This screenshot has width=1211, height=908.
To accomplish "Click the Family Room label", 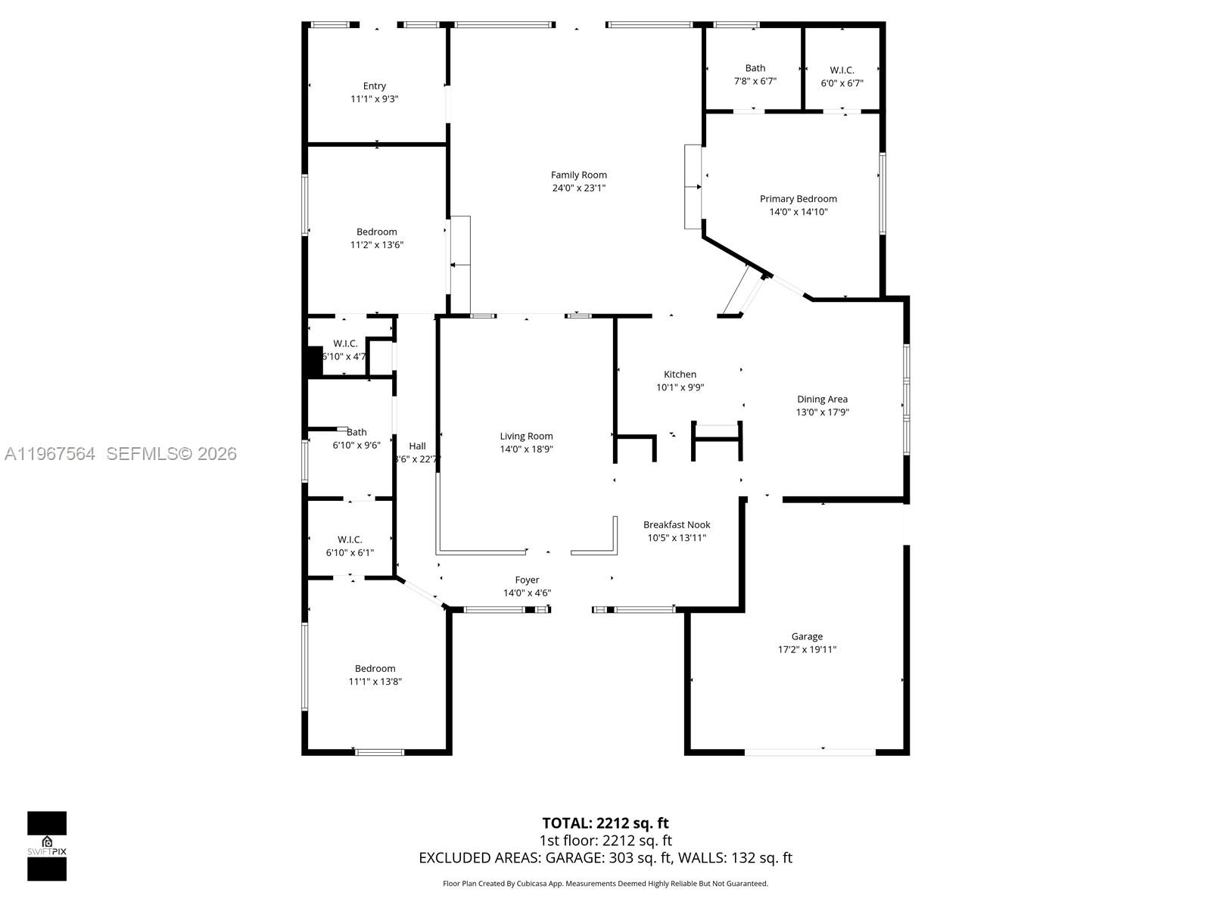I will pyautogui.click(x=578, y=175).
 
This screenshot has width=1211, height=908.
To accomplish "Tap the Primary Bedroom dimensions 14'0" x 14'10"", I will pyautogui.click(x=798, y=212).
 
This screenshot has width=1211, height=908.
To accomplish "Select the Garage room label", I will pyautogui.click(x=807, y=636).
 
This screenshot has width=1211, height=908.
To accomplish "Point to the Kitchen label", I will pyautogui.click(x=680, y=375).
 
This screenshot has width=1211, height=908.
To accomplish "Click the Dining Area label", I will pyautogui.click(x=822, y=400).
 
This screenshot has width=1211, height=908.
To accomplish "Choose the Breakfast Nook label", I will pyautogui.click(x=677, y=524).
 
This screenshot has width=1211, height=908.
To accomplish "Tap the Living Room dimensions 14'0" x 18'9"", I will pyautogui.click(x=526, y=449).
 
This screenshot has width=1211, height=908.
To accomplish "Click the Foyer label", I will pyautogui.click(x=527, y=580).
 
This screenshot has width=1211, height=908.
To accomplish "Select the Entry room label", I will pyautogui.click(x=374, y=86).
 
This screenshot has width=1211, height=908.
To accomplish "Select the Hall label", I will pyautogui.click(x=417, y=446).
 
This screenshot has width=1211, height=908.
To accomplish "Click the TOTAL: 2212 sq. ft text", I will pyautogui.click(x=605, y=823).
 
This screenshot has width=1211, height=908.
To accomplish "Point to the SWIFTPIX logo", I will pyautogui.click(x=47, y=846).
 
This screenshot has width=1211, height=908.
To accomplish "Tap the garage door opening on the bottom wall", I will pyautogui.click(x=810, y=752).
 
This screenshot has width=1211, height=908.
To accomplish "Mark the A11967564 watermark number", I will pyautogui.click(x=50, y=454).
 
